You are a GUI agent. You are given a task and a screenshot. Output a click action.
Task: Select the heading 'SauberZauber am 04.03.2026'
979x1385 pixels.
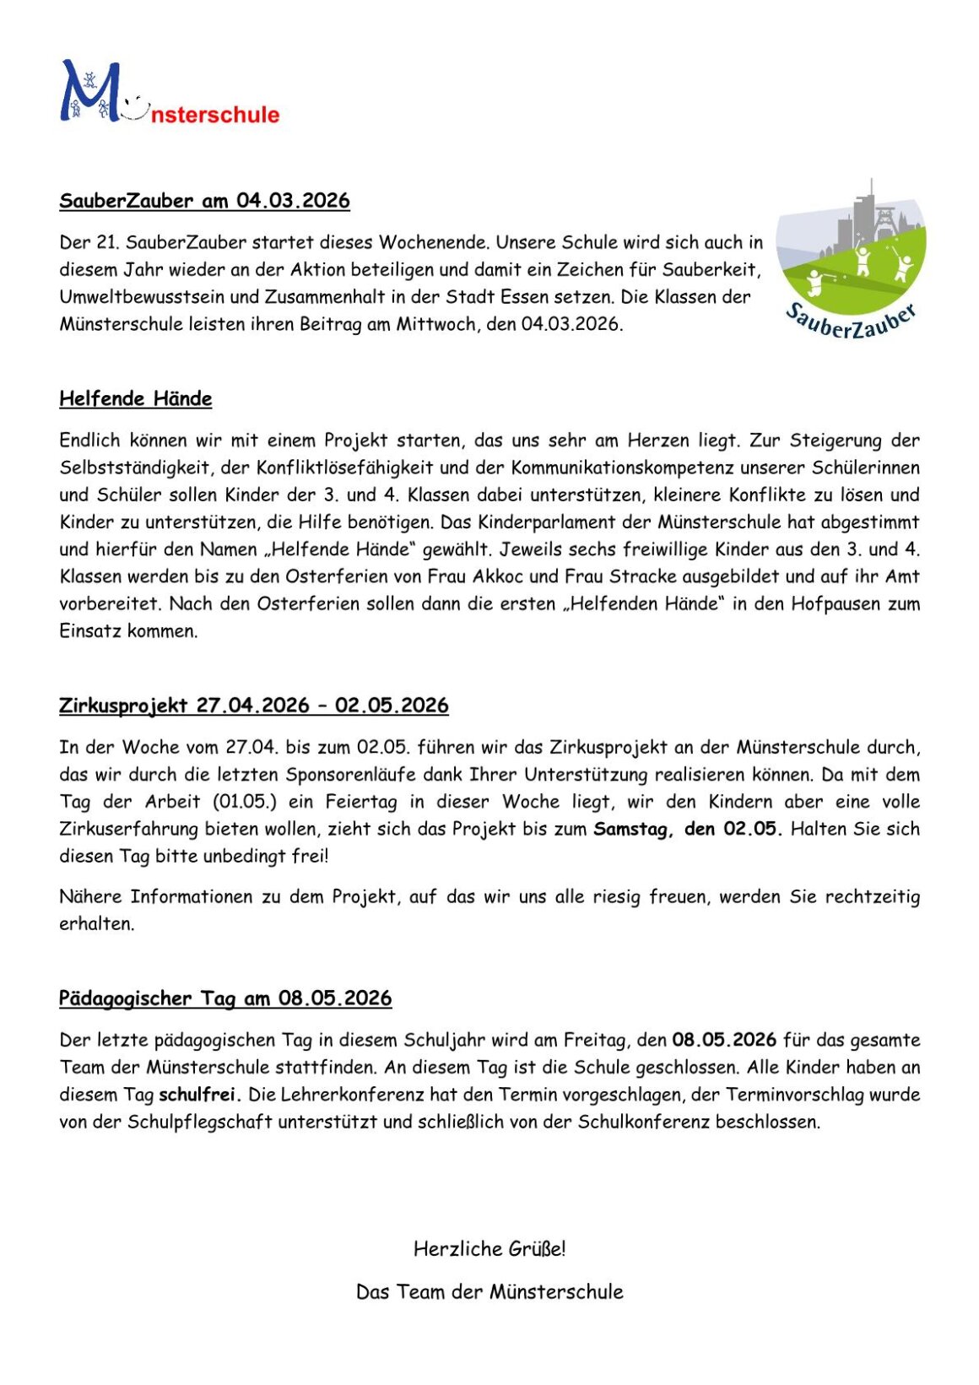tap(204, 201)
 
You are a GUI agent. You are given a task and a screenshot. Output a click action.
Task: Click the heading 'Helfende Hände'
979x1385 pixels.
tap(135, 398)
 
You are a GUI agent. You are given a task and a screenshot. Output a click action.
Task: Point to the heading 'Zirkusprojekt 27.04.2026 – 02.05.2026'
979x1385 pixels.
tap(253, 706)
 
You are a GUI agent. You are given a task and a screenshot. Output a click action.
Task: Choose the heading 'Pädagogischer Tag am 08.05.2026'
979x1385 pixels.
tap(225, 998)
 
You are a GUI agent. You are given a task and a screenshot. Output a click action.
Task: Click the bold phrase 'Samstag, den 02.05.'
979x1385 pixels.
tap(688, 829)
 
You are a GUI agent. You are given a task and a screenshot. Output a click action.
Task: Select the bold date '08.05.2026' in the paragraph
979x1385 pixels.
tap(724, 1040)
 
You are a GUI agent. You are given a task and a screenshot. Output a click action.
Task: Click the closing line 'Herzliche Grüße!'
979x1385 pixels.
tap(489, 1248)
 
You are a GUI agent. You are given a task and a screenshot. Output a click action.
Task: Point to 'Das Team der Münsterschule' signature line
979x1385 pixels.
tap(489, 1291)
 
